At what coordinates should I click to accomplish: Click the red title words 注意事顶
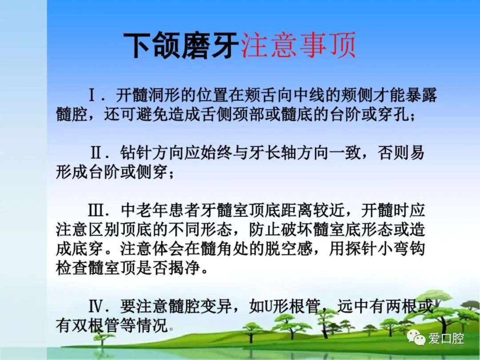click(299, 45)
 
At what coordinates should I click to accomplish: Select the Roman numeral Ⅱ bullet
click(96, 152)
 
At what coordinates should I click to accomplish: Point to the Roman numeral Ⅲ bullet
click(95, 210)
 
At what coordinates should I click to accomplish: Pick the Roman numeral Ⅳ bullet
click(95, 306)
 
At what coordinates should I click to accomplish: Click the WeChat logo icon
click(416, 338)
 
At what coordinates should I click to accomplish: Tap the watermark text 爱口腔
click(446, 338)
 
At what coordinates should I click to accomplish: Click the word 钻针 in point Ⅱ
click(136, 153)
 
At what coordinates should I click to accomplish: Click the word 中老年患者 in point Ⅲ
click(160, 210)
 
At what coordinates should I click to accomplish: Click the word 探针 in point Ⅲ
click(361, 248)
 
